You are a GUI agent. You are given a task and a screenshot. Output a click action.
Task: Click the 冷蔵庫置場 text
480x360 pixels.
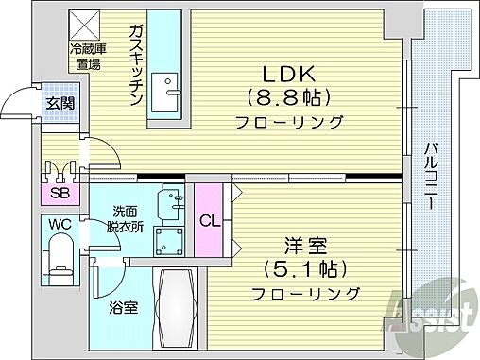[87, 56]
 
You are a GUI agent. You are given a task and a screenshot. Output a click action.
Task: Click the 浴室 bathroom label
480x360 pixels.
[121, 307]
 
